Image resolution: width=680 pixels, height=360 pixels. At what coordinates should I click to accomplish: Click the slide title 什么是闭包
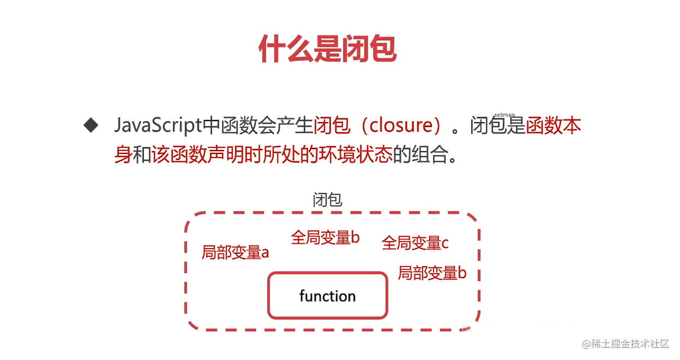(x=327, y=49)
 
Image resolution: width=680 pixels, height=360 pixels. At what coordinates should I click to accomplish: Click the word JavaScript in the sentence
(x=158, y=126)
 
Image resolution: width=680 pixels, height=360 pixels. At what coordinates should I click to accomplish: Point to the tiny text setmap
(x=504, y=115)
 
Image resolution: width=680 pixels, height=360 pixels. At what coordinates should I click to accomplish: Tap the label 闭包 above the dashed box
(x=327, y=200)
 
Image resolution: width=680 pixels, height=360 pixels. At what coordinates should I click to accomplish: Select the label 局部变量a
(x=235, y=253)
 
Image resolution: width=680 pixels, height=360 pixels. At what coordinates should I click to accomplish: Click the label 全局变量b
(x=325, y=238)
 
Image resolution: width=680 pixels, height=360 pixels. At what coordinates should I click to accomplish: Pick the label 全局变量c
(x=415, y=243)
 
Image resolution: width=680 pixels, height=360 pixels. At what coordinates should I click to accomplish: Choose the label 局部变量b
(x=432, y=273)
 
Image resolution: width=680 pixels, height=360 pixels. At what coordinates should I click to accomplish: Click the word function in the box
(x=327, y=296)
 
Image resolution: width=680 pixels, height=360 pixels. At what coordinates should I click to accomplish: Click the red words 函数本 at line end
(x=553, y=126)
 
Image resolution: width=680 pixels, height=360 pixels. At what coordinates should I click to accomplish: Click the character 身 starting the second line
(x=123, y=155)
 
